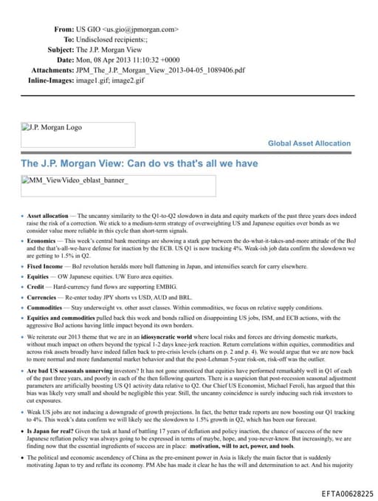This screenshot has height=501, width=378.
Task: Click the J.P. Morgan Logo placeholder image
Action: click(78, 134)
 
